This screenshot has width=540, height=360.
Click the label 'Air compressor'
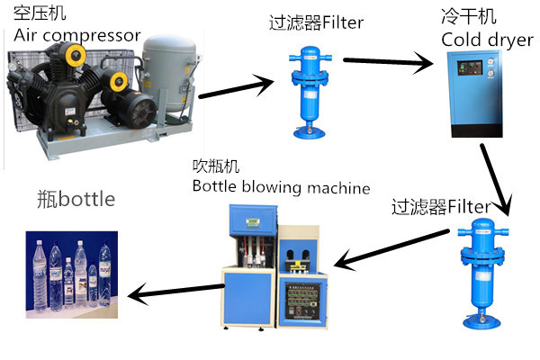point(77,36)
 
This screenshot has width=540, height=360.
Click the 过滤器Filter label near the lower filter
point(441,207)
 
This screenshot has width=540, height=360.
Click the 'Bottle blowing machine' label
point(281,187)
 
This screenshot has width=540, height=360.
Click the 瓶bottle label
point(76,198)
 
